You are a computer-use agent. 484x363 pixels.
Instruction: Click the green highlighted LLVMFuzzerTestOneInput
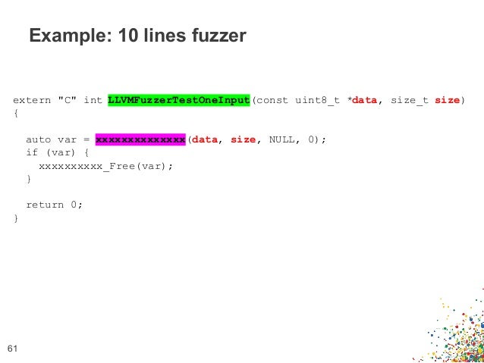pos(178,101)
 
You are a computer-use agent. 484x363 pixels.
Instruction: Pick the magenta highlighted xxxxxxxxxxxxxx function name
pos(140,140)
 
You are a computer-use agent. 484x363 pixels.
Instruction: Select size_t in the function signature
pos(410,101)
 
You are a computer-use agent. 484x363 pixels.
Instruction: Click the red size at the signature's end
pos(448,101)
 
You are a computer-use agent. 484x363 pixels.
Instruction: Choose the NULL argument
pos(282,140)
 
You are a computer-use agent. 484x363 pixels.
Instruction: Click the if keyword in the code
pos(32,153)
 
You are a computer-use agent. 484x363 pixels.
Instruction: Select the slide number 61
pos(11,349)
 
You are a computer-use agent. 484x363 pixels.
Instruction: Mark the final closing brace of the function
pos(16,218)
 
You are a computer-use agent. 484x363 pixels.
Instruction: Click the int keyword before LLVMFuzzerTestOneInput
pos(93,101)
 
